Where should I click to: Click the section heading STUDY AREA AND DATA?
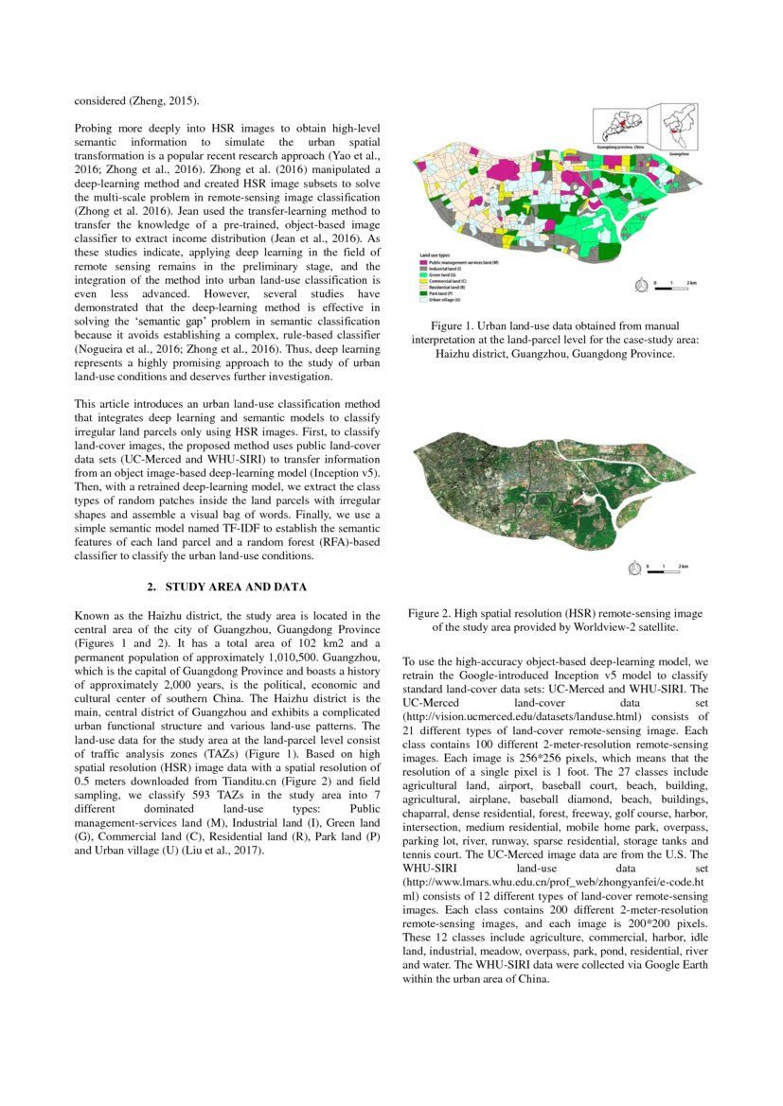(227, 587)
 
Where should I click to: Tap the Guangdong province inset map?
(622, 127)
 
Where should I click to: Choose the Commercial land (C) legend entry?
(453, 281)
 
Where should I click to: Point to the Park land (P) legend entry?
(446, 294)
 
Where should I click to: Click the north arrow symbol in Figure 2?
(634, 568)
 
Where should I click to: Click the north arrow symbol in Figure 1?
(642, 283)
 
